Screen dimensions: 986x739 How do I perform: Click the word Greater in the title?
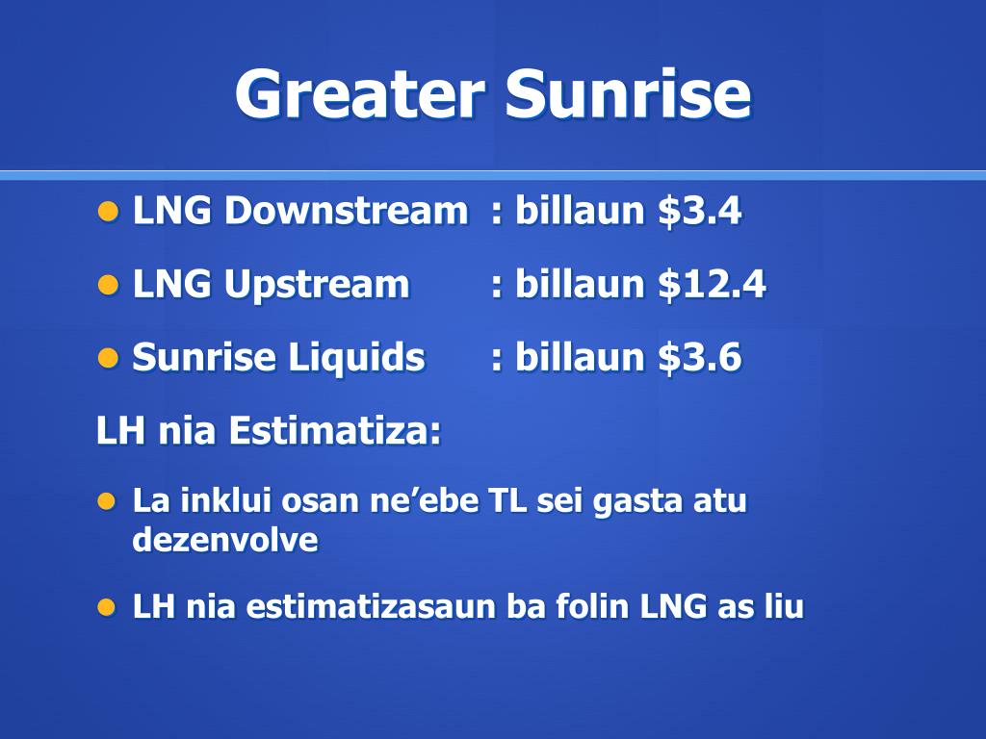[360, 93]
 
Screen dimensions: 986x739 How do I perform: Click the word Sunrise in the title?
[628, 93]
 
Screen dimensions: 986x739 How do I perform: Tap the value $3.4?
[700, 210]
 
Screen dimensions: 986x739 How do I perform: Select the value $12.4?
[712, 284]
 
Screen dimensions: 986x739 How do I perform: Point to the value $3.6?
[700, 357]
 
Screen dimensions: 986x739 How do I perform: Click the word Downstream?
[347, 210]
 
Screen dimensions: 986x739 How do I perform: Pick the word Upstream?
[317, 284]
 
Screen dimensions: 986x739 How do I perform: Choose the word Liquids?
[356, 357]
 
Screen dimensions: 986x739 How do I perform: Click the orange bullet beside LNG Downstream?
[109, 212]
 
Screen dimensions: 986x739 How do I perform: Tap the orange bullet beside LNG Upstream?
[109, 285]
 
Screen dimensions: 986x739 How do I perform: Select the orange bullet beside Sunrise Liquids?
[109, 359]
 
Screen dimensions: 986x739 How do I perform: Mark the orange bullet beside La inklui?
[107, 501]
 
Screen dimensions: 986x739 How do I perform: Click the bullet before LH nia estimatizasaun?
[107, 608]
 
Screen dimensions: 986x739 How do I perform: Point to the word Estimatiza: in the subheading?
[334, 430]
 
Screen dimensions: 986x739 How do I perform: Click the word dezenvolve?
[225, 540]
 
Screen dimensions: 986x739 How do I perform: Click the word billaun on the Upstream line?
[580, 284]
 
